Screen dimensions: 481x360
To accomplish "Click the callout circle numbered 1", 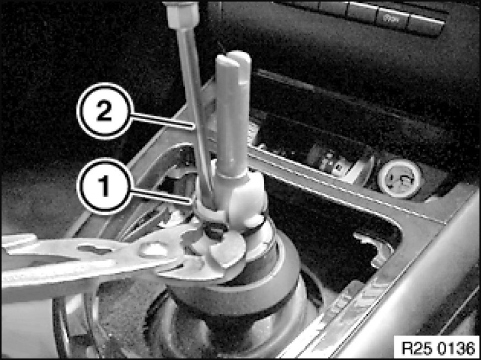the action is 105,186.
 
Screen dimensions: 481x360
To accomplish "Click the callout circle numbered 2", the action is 105,111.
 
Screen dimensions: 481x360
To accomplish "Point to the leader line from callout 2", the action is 163,120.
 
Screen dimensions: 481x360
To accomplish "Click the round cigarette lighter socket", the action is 400,178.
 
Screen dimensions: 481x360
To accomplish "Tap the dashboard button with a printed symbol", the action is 393,20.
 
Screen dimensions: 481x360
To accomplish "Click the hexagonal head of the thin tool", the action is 182,15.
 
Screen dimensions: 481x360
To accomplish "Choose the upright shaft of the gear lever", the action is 233,116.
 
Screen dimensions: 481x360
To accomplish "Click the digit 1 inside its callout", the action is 104,186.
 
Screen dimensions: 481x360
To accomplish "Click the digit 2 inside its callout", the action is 104,111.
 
